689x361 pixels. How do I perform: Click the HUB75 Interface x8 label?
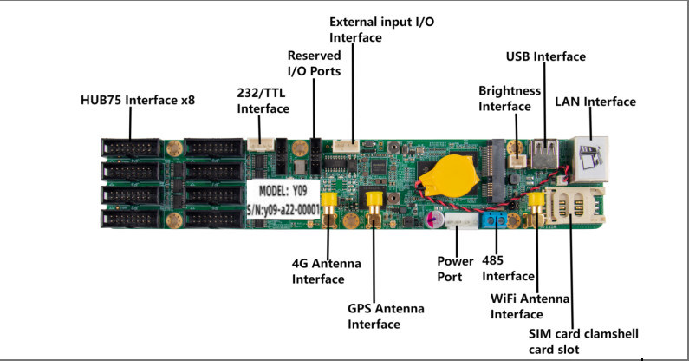(138, 101)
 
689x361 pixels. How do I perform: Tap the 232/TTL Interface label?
(263, 100)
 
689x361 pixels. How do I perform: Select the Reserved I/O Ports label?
(315, 62)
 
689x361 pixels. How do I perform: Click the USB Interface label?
(546, 56)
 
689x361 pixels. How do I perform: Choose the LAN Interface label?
(595, 102)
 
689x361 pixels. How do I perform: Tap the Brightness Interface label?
(510, 98)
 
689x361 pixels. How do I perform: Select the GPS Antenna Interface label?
(374, 315)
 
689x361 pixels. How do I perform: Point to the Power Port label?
(455, 268)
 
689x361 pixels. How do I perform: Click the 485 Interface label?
(508, 268)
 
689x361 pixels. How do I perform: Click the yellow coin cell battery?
(441, 174)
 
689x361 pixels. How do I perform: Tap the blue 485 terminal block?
(496, 220)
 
